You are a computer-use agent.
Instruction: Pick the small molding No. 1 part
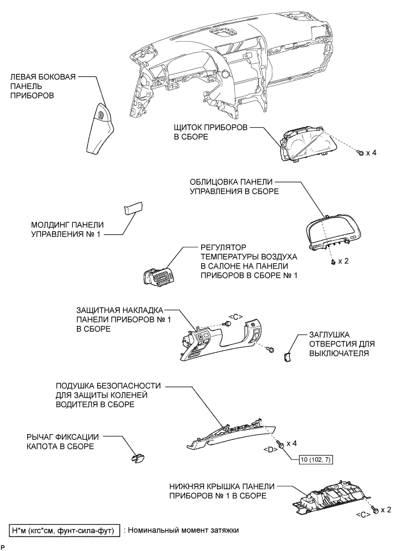[x=133, y=208]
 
